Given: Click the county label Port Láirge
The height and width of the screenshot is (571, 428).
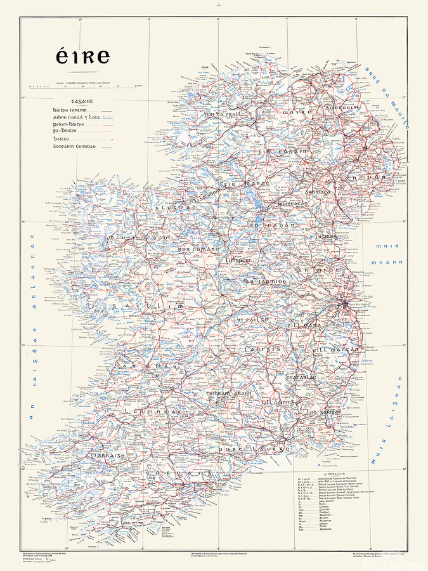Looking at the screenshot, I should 254,449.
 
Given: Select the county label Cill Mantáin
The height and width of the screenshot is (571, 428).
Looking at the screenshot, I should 335,350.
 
